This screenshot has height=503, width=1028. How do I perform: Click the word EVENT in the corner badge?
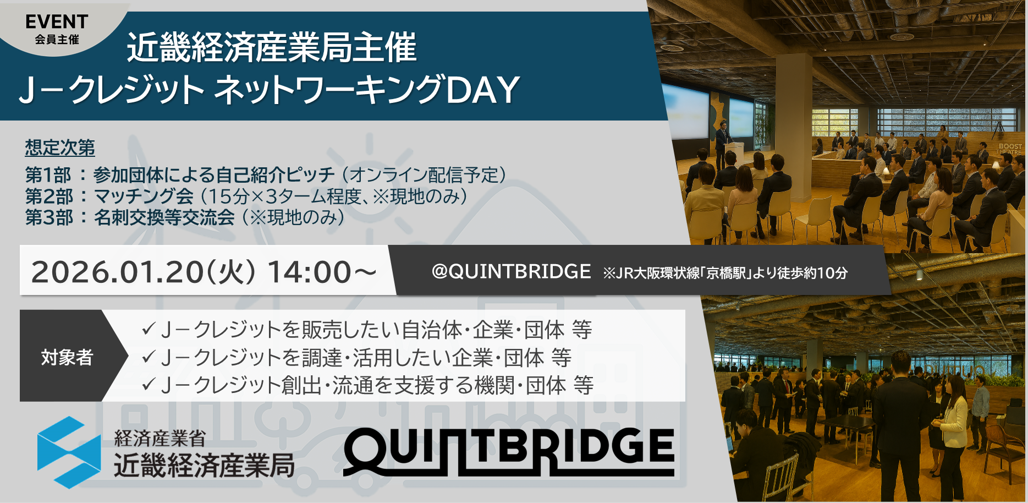tap(57, 22)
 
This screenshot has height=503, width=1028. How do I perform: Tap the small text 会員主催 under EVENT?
tap(57, 40)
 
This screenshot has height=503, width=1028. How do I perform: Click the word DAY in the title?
tap(482, 90)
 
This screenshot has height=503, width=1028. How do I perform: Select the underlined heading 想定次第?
tap(60, 147)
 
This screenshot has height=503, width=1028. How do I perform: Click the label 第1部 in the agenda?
tap(48, 175)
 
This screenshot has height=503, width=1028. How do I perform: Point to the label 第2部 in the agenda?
tap(48, 196)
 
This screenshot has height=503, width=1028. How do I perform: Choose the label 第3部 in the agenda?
tap(48, 217)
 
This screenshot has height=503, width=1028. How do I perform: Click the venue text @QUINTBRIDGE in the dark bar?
tap(511, 271)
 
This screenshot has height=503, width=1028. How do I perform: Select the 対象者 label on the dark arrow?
tap(67, 357)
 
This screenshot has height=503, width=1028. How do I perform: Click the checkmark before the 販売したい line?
tap(149, 329)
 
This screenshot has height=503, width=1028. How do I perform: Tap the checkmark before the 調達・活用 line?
tap(149, 357)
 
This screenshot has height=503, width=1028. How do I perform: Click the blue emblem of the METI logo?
tap(69, 452)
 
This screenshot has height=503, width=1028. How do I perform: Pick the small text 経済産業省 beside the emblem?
tap(160, 439)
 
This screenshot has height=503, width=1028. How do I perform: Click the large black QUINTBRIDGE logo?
tap(509, 451)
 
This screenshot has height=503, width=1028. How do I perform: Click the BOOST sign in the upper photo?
tap(1010, 147)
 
